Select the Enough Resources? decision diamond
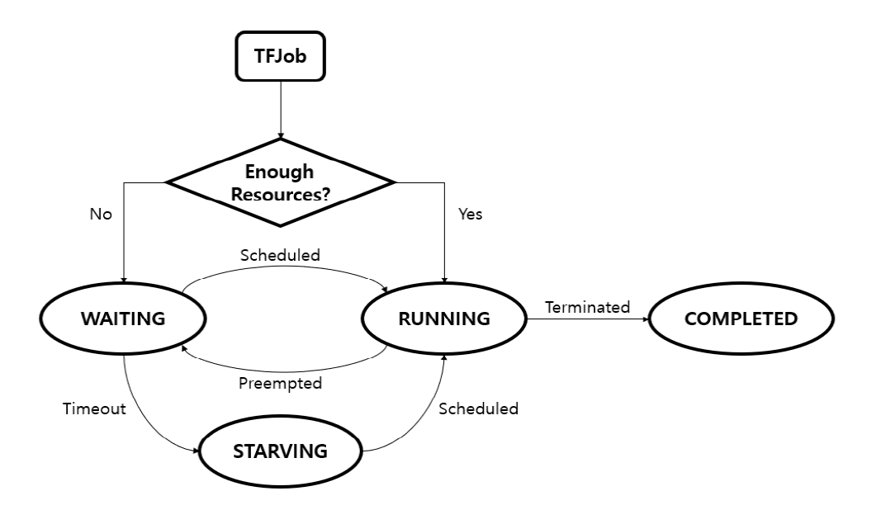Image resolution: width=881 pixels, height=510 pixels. pos(281,182)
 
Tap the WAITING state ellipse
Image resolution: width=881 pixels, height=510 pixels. pos(124,319)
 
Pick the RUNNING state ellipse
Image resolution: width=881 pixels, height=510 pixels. pos(444,319)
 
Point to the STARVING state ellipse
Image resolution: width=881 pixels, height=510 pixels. pos(281,451)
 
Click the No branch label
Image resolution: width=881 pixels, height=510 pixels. pos(101,214)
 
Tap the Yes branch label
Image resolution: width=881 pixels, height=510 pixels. pos(470,214)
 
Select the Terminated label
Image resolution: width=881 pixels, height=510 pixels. pos(587,307)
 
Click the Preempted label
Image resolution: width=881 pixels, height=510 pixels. pos(280,383)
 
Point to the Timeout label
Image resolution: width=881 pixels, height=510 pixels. pos(94,408)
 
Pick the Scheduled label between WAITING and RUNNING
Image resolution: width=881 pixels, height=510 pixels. pos(280,256)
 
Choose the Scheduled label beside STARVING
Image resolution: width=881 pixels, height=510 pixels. pos(478,408)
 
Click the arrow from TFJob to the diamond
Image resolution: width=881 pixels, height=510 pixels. pos(281,107)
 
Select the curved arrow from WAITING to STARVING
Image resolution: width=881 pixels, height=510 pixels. pos(144,421)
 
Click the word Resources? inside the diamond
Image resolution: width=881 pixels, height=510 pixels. pos(282,196)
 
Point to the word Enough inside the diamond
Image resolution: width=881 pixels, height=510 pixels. pos(281,172)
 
